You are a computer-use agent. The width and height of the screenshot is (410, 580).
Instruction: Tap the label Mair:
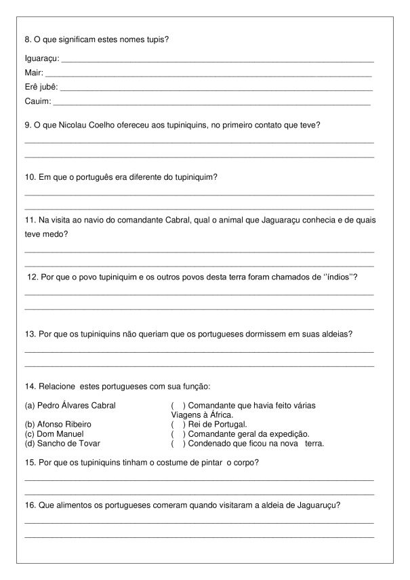(x=34, y=73)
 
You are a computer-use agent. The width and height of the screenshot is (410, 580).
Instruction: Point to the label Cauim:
(x=38, y=102)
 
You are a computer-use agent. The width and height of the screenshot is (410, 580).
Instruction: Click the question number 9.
(x=27, y=125)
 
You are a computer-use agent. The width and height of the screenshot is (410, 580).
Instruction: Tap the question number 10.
(x=29, y=177)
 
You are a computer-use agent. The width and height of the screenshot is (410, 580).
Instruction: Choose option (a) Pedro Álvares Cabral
(x=70, y=406)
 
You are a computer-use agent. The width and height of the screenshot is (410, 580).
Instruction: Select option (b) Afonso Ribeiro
(x=58, y=424)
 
